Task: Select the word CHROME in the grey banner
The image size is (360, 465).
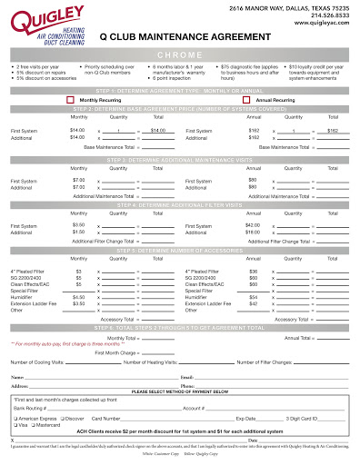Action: click(x=179, y=55)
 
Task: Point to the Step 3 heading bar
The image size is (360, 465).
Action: click(x=180, y=160)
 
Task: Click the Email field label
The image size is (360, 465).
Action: click(x=187, y=376)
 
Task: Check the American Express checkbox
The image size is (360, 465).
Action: click(x=17, y=420)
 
